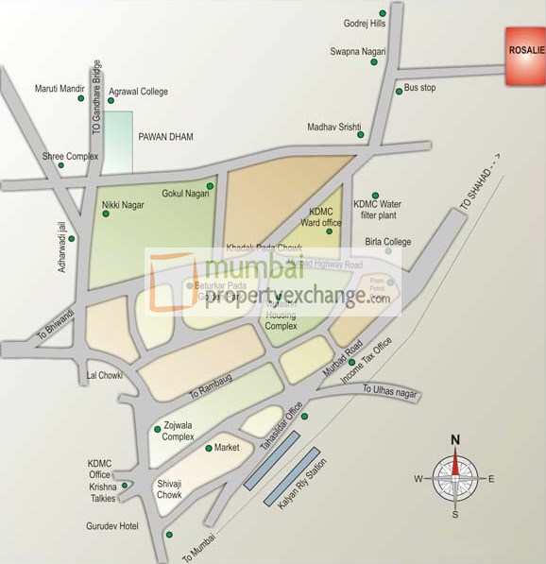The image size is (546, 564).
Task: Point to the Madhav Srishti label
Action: tap(334, 127)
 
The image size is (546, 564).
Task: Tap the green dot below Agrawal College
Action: tap(111, 101)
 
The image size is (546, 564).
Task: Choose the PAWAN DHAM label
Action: tap(165, 137)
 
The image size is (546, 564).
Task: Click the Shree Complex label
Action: tap(70, 156)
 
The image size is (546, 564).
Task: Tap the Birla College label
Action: tap(388, 242)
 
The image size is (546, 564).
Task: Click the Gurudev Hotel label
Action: tap(114, 525)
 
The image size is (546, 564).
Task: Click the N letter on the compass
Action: tap(454, 438)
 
